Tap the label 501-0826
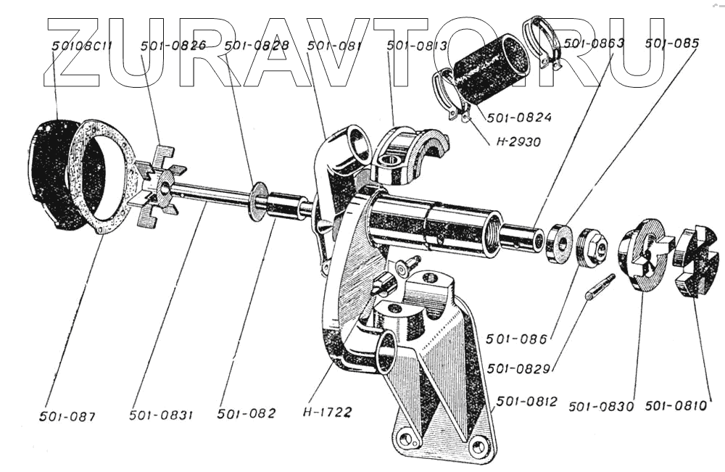click(x=173, y=46)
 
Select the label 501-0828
click(x=257, y=46)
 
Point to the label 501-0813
click(x=417, y=46)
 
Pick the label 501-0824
click(x=519, y=117)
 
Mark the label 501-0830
click(x=602, y=406)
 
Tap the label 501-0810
click(x=676, y=406)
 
